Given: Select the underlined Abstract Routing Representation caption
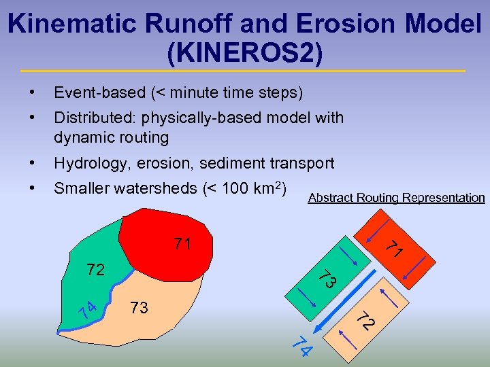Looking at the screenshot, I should pos(396,198).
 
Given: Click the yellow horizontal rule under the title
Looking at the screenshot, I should pos(245,71).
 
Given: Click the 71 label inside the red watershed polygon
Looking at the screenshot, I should pos(182,243).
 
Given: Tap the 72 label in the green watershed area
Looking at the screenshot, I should pos(96,270).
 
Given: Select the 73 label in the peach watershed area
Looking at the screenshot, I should pos(139,308).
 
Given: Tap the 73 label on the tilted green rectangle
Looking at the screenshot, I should pos(328,278).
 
